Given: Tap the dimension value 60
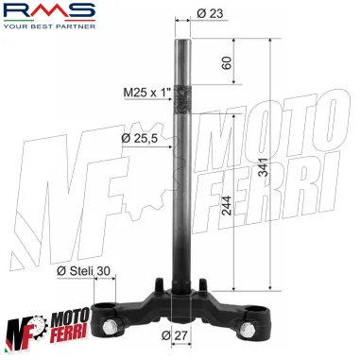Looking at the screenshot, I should point(226,63).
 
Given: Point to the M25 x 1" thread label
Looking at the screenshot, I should point(146,93).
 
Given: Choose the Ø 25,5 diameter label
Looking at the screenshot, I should point(140,138).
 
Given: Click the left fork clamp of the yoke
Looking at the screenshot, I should point(111,311).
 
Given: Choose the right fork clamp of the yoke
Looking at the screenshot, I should point(251,311).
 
